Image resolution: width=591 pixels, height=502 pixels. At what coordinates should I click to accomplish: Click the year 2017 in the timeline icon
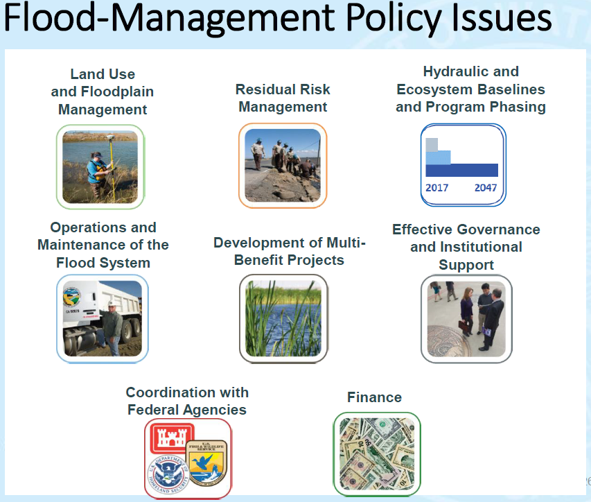click(x=437, y=187)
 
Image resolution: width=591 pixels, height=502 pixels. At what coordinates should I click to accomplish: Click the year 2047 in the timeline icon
click(x=486, y=187)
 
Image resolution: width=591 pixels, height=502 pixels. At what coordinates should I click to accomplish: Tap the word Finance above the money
click(x=374, y=397)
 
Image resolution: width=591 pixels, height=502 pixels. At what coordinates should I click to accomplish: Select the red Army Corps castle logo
click(x=172, y=438)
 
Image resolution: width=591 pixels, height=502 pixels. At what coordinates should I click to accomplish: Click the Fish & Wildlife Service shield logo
click(x=207, y=462)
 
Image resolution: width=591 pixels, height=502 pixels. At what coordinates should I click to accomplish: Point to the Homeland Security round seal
click(x=168, y=474)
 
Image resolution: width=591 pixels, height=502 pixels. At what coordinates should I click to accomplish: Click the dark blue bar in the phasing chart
click(x=461, y=170)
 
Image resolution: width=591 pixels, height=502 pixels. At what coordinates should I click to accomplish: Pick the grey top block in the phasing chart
click(x=432, y=144)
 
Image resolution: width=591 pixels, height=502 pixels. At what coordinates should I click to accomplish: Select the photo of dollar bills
click(x=377, y=454)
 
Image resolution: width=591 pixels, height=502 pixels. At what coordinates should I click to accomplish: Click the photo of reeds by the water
click(x=283, y=318)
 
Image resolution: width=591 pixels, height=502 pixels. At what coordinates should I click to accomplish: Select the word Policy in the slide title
click(x=393, y=19)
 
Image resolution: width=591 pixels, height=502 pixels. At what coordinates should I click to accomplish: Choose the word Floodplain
click(x=117, y=92)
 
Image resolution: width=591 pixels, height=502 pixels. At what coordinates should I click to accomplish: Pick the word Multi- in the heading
click(x=346, y=243)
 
